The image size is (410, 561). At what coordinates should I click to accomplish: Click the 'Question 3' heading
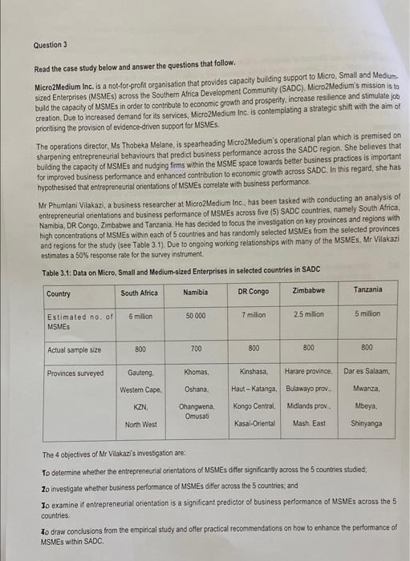pyautogui.click(x=51, y=46)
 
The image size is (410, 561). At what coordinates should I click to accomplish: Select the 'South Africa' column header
pyautogui.click(x=140, y=293)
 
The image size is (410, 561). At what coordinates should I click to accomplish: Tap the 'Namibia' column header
pyautogui.click(x=196, y=293)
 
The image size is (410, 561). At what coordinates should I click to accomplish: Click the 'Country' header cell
pyautogui.click(x=59, y=293)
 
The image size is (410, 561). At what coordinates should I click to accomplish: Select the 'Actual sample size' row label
pyautogui.click(x=74, y=349)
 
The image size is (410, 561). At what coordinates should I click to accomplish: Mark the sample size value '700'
pyautogui.click(x=196, y=349)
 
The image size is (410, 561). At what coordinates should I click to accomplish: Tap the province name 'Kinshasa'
pyautogui.click(x=254, y=373)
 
